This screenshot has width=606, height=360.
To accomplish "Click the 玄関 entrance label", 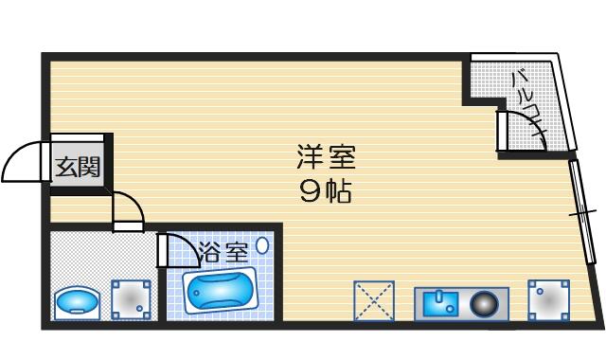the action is pos(78,167).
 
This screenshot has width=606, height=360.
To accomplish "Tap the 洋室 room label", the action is pos(326,156).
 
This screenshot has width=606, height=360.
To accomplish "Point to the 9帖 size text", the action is pos(326,191).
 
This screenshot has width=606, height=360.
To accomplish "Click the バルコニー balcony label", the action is pos(527,103).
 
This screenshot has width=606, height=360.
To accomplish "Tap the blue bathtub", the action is pos(219,290).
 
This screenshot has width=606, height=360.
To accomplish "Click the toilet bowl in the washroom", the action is pos(78,303).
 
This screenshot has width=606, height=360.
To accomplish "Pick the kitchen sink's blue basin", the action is pos(440,304).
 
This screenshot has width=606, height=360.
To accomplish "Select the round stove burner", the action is pos(484,303).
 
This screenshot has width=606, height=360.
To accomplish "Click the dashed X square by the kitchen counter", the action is pos(374,301).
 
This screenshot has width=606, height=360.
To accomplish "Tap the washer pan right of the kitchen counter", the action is pos(549,300).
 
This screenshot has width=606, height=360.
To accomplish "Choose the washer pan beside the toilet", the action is pos(131,299).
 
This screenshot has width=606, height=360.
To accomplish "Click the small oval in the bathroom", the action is pos(262,245).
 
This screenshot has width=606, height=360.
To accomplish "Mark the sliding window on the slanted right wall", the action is pos(582,211).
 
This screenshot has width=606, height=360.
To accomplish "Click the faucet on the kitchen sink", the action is pos(438,297).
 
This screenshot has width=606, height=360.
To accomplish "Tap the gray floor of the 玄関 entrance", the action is pos(78,162).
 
